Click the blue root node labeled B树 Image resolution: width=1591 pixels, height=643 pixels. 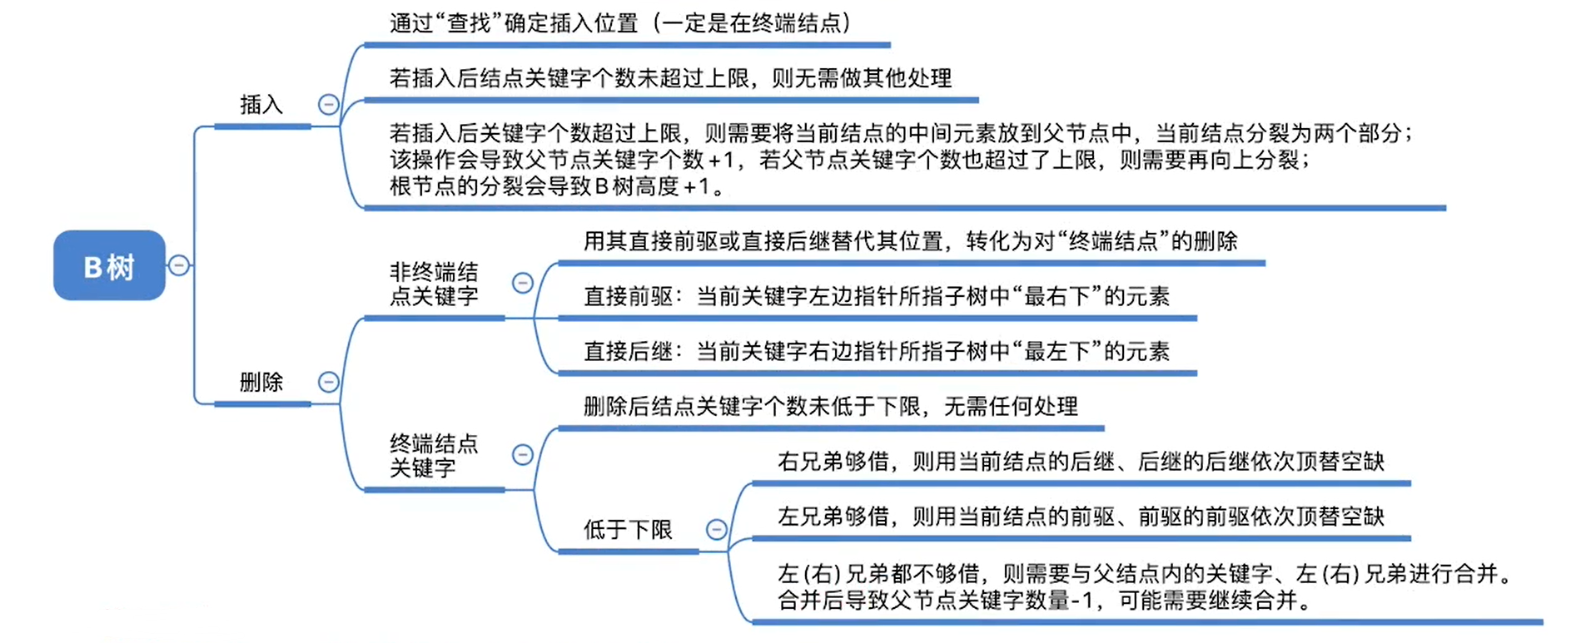(109, 266)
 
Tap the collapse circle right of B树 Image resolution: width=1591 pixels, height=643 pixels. (179, 265)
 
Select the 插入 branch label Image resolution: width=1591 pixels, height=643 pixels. (261, 105)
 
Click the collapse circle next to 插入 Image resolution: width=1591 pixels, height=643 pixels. (329, 105)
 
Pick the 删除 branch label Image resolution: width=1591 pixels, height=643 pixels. (261, 382)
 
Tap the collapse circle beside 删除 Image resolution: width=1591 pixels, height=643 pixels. (329, 382)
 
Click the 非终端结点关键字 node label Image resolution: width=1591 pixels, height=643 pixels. (434, 284)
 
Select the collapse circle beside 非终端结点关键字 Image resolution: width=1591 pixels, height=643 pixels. (523, 283)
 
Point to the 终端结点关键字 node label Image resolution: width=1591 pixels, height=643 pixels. (434, 455)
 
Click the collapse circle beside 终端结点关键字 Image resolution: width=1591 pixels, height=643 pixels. (523, 454)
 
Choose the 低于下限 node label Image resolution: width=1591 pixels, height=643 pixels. (628, 530)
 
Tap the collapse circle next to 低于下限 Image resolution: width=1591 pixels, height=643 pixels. (717, 530)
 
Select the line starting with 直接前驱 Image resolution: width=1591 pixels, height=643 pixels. (876, 296)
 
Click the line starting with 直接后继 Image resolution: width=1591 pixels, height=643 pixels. (876, 352)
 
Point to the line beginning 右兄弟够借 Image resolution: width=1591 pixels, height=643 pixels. (1080, 462)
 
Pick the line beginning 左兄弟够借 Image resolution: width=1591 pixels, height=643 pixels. (1080, 517)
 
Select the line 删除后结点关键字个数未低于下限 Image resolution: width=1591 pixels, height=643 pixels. (830, 407)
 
